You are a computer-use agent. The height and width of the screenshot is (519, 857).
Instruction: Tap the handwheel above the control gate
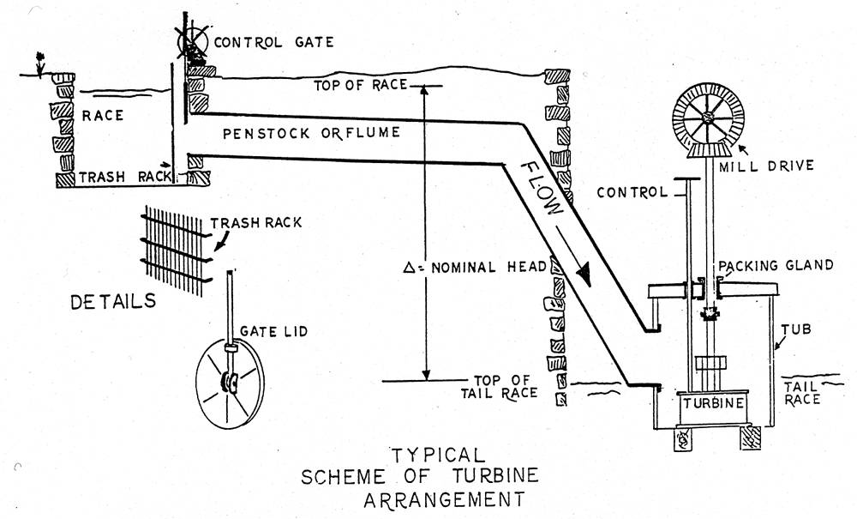coord(191,36)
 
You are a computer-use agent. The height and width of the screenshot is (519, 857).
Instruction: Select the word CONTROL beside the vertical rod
coord(632,192)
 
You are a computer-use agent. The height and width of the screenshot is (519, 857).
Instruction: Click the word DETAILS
coord(114,301)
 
